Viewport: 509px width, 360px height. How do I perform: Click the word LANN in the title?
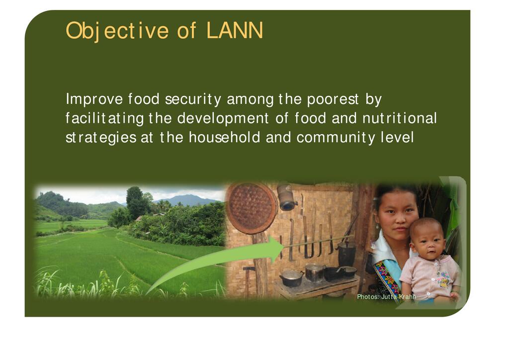235,30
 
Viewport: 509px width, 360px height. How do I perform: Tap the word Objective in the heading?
117,31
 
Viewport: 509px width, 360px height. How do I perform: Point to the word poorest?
333,99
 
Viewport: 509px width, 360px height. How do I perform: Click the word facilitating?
104,118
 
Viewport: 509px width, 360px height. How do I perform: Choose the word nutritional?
400,118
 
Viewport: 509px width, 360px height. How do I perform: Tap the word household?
224,137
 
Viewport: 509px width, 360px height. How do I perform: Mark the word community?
336,138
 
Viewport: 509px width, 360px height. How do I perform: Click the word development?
223,118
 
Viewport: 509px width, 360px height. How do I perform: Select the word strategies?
101,138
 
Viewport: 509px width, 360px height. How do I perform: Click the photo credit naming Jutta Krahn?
386,297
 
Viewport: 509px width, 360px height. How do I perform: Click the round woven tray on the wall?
251,208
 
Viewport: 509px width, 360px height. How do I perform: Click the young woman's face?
398,215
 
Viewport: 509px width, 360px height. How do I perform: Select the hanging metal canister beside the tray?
287,197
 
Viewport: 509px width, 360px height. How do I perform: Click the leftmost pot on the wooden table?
291,278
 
